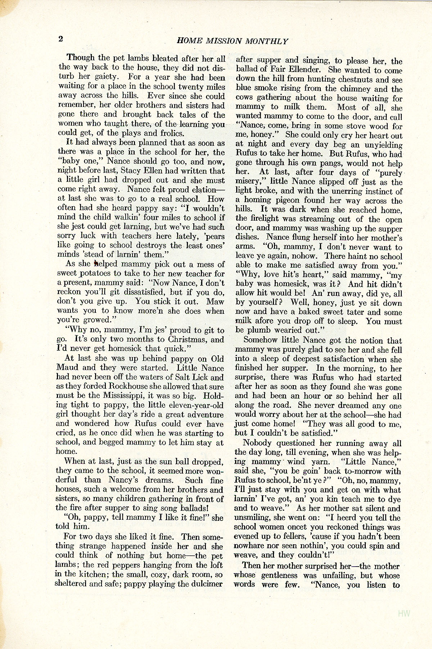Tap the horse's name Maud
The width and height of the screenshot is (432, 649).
(68, 368)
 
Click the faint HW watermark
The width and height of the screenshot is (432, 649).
(404, 613)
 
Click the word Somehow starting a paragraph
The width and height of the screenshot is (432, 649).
(261, 340)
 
